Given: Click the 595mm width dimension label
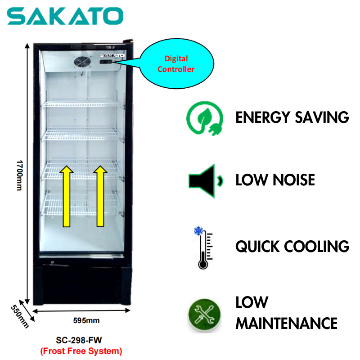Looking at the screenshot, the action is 86,320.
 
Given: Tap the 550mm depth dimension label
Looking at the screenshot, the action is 21,314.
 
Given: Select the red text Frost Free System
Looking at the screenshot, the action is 81,350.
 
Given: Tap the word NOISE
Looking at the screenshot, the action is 294,180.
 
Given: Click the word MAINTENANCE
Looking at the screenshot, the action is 287,323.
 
